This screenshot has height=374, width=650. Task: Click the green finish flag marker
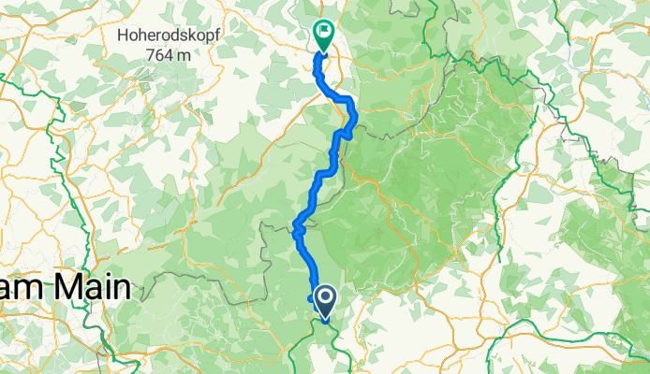pos(323,34)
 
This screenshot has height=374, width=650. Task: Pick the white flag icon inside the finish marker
pos(324,30)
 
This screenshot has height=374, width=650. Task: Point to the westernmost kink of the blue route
pos(295,225)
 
